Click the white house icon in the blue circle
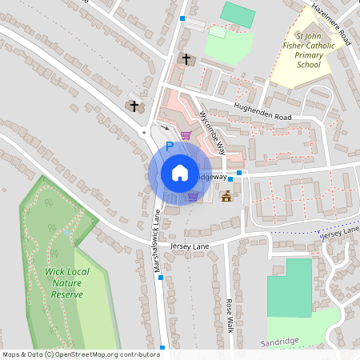pyautogui.click(x=180, y=173)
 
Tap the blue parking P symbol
pyautogui.click(x=169, y=146)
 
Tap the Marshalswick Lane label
pyautogui.click(x=158, y=240)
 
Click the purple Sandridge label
pyautogui.click(x=279, y=341)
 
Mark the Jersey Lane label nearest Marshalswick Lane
pyautogui.click(x=189, y=247)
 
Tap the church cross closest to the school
pyautogui.click(x=186, y=59)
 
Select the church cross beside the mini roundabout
pyautogui.click(x=134, y=106)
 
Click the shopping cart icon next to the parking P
pyautogui.click(x=186, y=135)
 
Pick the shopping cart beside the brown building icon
pyautogui.click(x=193, y=196)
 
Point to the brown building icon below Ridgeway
pyautogui.click(x=226, y=197)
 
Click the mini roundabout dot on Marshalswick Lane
pyautogui.click(x=144, y=133)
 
